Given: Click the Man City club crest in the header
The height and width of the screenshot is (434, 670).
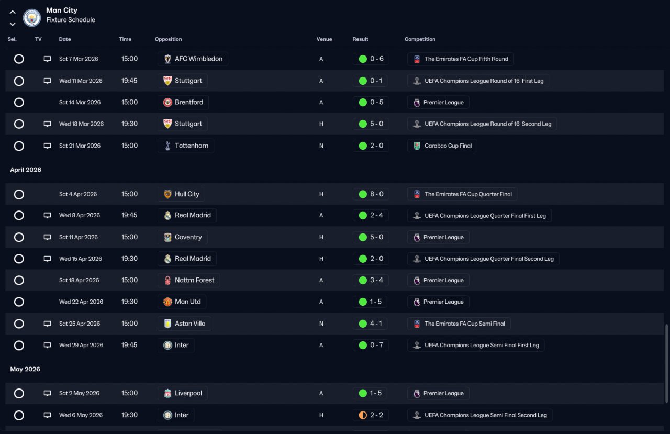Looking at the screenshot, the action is click(x=32, y=18).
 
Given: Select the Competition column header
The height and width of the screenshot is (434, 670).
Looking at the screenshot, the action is click(x=420, y=39).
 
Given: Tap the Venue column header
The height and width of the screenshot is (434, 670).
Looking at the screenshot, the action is click(x=324, y=39).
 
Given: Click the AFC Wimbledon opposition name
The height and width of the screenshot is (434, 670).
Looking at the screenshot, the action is click(x=198, y=59).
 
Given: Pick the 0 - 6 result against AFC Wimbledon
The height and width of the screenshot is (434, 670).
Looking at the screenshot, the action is click(x=376, y=59).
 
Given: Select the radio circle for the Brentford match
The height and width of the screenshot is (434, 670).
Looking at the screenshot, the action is click(x=19, y=102).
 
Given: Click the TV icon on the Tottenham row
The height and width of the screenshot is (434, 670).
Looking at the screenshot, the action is click(x=47, y=146).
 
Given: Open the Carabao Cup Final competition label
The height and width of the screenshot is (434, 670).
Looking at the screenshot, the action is click(x=448, y=146).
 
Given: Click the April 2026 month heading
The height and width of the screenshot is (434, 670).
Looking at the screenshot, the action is click(x=26, y=170).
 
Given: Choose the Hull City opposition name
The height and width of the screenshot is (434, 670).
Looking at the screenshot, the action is click(x=187, y=194).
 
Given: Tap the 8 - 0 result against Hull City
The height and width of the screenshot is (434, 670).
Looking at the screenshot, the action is click(x=376, y=194).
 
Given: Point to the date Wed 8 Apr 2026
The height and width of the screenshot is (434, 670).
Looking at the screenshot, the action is click(x=80, y=215).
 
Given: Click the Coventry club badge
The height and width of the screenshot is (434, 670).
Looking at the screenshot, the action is click(x=167, y=237).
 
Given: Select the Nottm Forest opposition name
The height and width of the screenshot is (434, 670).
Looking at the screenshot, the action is click(x=194, y=280).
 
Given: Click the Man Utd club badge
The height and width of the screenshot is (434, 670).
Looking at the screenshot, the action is click(x=167, y=302).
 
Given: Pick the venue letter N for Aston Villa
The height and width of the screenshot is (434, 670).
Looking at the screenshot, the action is click(x=321, y=324).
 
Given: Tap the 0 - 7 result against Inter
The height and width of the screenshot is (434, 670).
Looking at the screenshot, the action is click(x=376, y=345).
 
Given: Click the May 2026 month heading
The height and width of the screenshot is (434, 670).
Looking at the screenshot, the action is click(x=25, y=369).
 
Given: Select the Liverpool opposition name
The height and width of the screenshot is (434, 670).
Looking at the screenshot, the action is click(x=188, y=393).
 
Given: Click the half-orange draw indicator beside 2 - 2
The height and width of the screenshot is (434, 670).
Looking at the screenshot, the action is click(x=363, y=415).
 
